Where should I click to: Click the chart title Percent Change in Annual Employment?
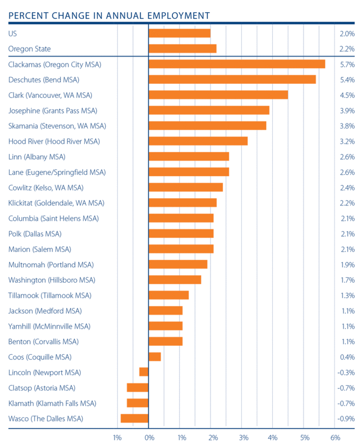(109, 15)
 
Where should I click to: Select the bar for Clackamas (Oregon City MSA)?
(237, 64)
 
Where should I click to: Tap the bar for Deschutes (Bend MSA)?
(232, 80)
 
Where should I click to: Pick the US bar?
(180, 33)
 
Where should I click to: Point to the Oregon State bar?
(182, 49)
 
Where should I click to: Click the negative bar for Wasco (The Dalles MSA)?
(135, 419)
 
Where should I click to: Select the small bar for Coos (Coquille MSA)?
(155, 357)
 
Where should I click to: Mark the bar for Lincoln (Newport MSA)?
(144, 372)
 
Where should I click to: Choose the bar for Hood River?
(198, 141)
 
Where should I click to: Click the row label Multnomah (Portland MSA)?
(51, 265)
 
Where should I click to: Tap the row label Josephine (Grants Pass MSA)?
(53, 110)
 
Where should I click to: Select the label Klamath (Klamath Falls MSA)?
(52, 403)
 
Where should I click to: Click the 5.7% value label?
(347, 64)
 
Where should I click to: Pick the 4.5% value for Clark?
(347, 95)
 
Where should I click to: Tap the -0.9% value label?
(346, 419)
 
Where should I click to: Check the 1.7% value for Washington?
(347, 280)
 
